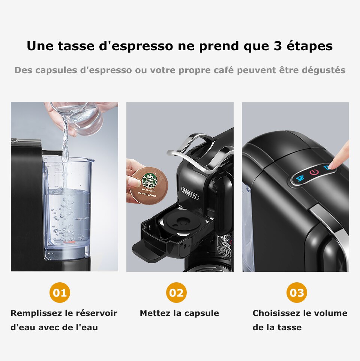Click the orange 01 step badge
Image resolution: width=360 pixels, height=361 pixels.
tap(60, 292)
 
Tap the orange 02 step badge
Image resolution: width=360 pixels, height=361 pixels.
tap(176, 292)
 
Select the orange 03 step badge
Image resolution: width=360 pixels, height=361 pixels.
tap(297, 292)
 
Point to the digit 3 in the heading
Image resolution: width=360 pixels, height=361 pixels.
tap(274, 46)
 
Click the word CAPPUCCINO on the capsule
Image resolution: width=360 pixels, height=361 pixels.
tap(149, 195)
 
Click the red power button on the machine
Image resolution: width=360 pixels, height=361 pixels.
tap(314, 172)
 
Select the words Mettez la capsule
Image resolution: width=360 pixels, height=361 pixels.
tap(179, 313)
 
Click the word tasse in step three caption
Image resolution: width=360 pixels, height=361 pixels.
tap(289, 327)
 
